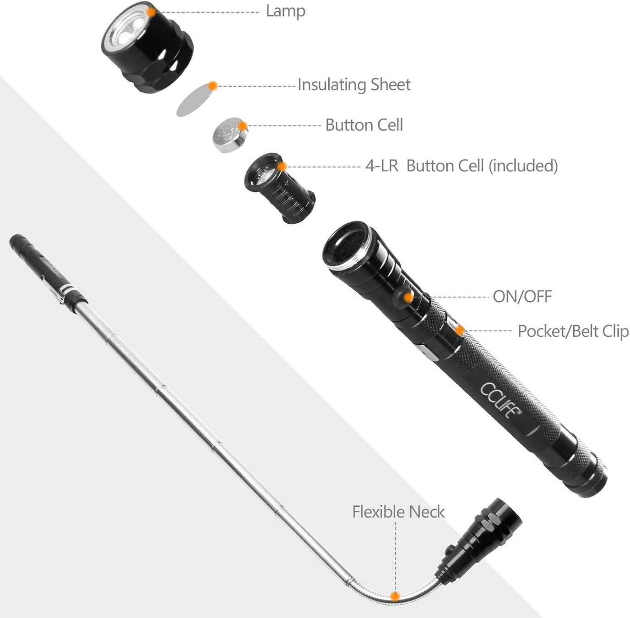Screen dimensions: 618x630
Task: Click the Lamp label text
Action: (x=285, y=11)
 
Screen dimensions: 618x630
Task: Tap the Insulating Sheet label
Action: (x=354, y=85)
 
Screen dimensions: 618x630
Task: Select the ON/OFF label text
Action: (x=522, y=297)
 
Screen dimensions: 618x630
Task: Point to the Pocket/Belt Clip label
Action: (x=573, y=331)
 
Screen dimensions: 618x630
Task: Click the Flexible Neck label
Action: (x=398, y=511)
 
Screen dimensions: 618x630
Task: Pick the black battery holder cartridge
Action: (x=278, y=189)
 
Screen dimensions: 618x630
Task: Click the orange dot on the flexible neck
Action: (x=394, y=596)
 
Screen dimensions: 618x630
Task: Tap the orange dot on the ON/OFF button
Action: (x=408, y=297)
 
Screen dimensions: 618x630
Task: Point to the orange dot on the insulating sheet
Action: (x=212, y=85)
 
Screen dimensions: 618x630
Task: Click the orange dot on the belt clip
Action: (x=459, y=331)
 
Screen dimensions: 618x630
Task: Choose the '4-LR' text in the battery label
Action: (x=381, y=166)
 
